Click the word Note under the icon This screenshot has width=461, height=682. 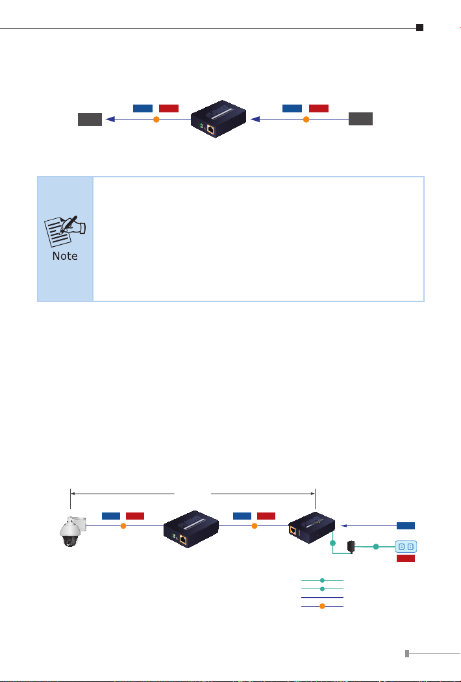point(65,256)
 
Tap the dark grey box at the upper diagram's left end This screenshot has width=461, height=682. point(90,120)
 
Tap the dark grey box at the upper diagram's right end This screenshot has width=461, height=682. point(360,120)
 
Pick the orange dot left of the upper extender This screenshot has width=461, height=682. point(156,120)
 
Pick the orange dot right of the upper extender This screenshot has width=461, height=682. point(306,120)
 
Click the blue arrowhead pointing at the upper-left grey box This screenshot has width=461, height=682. point(110,120)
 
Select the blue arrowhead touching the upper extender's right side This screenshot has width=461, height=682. point(255,120)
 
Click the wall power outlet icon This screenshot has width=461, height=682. point(406,546)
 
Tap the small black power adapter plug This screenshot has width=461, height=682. point(351,546)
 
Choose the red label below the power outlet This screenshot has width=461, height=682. point(406,558)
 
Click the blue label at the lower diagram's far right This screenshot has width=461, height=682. point(406,525)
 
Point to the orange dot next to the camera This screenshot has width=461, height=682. point(123,526)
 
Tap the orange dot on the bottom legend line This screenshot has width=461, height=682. point(322,606)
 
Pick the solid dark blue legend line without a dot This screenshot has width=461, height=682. point(322,597)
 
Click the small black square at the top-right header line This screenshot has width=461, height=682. point(420,28)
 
